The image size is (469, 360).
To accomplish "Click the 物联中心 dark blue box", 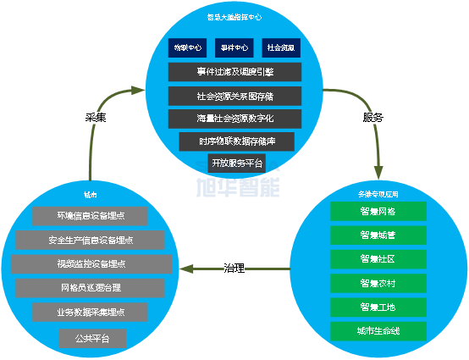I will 187,47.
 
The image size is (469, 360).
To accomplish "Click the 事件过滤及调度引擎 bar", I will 235,72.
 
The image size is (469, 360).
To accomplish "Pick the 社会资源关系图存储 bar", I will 235,96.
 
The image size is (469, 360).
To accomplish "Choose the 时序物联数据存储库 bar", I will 235,141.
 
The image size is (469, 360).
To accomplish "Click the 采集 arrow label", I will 96,118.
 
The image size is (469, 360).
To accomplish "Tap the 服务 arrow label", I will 372,117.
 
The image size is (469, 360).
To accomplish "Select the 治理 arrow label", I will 234,269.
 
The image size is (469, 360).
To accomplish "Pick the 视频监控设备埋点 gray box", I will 91,264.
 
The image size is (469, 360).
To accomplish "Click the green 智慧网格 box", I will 378,211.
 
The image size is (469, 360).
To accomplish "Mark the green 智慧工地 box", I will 378,307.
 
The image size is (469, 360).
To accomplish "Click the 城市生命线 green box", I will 378,330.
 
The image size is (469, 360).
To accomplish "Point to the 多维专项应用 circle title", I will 378,194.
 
